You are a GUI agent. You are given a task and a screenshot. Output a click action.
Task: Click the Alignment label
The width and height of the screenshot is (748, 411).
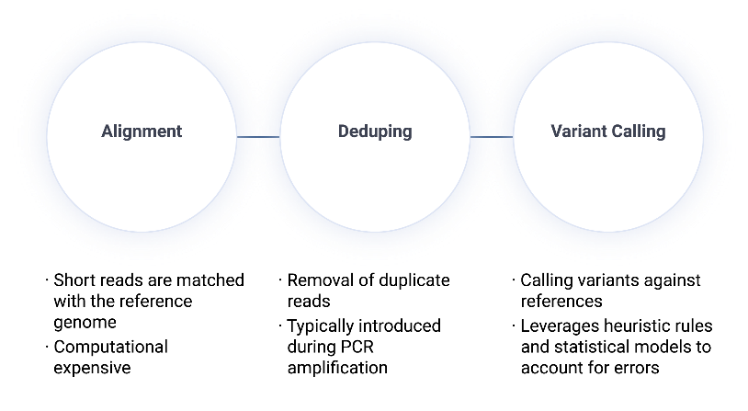coord(142,131)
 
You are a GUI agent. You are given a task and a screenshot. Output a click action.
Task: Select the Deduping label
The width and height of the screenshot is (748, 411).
coord(375,131)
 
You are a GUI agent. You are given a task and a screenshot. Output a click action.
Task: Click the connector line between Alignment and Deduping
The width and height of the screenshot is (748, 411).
coord(258,137)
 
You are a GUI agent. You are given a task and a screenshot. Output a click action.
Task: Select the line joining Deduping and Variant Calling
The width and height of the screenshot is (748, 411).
coord(492,137)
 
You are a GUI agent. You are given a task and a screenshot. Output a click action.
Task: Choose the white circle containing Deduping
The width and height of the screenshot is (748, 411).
coord(375,184)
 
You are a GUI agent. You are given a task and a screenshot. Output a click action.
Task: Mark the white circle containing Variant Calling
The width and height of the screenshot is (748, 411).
coord(608,184)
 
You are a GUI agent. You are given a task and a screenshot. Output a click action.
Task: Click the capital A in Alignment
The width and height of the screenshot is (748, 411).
coord(108,131)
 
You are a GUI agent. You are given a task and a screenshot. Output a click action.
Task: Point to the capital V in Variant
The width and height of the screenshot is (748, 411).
coord(557,131)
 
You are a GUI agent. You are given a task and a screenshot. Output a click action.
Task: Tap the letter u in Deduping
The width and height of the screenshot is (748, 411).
coord(369,132)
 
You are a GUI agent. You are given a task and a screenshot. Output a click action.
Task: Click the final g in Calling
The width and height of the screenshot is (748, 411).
coord(660,134)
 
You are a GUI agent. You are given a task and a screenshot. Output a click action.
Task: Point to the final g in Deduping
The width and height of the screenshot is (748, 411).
coord(406,134)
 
